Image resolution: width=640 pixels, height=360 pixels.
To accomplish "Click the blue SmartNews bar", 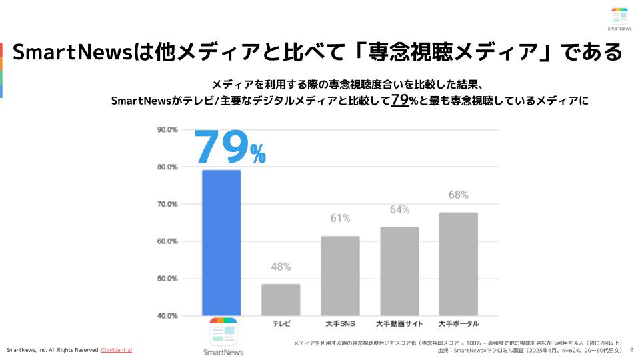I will [221, 243].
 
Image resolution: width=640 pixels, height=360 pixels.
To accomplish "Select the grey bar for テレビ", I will [281, 299].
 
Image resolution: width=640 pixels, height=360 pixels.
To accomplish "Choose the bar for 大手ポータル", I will [459, 263].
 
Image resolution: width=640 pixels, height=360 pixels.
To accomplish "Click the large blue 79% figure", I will [229, 147].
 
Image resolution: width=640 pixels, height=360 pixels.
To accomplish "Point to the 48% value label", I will [281, 267].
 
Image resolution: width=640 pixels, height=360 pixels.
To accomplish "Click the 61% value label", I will [340, 218].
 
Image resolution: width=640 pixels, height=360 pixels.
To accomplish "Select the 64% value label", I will [399, 209].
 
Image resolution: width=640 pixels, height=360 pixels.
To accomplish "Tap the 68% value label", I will [459, 195].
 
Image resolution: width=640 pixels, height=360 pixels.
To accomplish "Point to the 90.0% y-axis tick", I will [167, 129].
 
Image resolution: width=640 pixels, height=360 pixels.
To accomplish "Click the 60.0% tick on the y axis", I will [167, 241].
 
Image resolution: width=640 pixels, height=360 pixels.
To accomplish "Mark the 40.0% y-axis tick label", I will [167, 315].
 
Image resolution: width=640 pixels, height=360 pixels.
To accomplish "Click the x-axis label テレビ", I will [281, 324].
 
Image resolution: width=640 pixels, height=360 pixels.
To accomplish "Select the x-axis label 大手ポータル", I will [459, 324].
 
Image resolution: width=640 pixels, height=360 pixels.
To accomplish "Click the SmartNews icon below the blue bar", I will [223, 331].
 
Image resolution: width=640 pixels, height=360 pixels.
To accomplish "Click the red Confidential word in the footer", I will [117, 350].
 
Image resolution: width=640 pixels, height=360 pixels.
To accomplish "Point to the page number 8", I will [631, 349].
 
